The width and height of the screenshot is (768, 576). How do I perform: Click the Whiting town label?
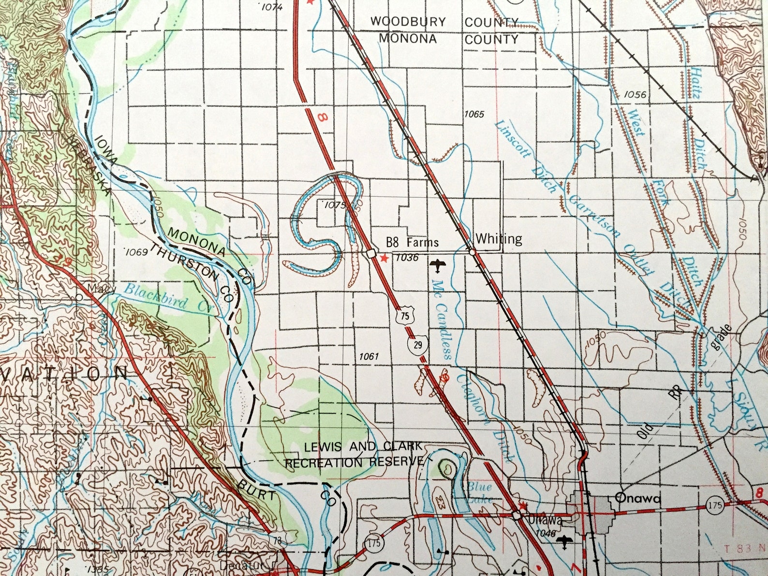499,239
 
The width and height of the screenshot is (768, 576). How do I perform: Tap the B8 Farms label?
412,242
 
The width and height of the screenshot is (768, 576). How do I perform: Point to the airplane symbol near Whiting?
438,265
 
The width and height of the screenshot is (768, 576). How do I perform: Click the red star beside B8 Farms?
384,259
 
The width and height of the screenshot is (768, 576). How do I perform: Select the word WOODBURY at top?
408,22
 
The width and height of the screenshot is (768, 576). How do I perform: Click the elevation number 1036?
406,258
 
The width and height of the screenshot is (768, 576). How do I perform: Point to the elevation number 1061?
369,357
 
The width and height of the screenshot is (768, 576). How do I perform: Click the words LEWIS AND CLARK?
363,447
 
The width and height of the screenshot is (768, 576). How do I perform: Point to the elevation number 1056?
635,95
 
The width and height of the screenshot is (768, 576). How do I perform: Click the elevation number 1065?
473,115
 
